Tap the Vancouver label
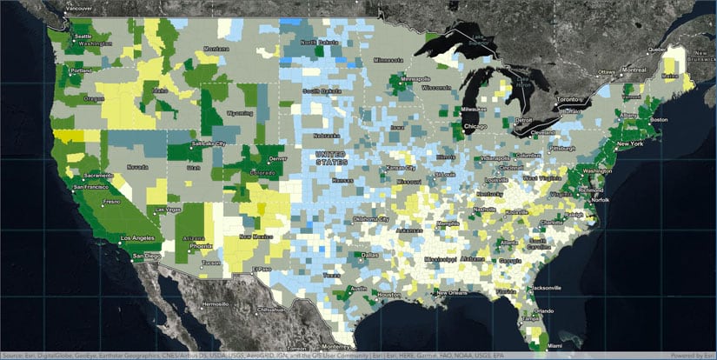tap(81, 8)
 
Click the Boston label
tap(657, 119)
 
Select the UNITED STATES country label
tap(331, 158)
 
